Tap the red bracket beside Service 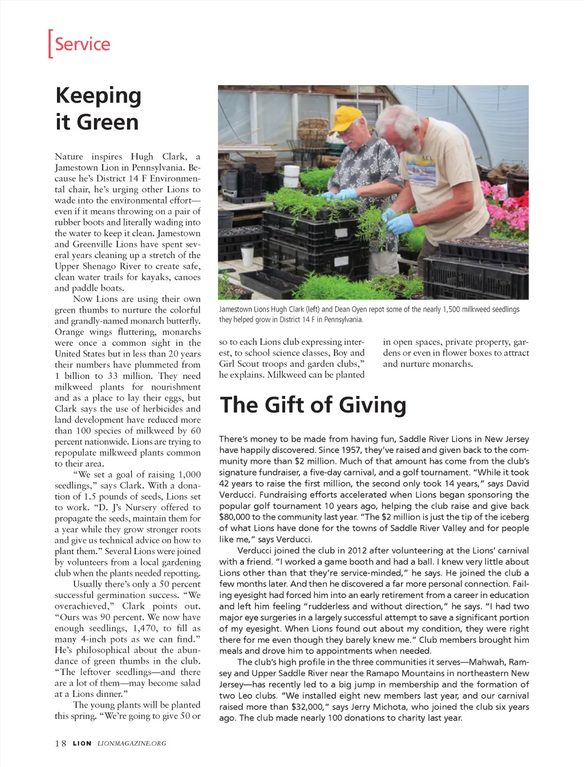pyautogui.click(x=50, y=44)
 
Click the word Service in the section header pyautogui.click(x=82, y=44)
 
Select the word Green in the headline pyautogui.click(x=107, y=122)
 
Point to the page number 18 pyautogui.click(x=60, y=743)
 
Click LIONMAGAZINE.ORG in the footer pyautogui.click(x=132, y=743)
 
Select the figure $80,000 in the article pyautogui.click(x=234, y=517)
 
